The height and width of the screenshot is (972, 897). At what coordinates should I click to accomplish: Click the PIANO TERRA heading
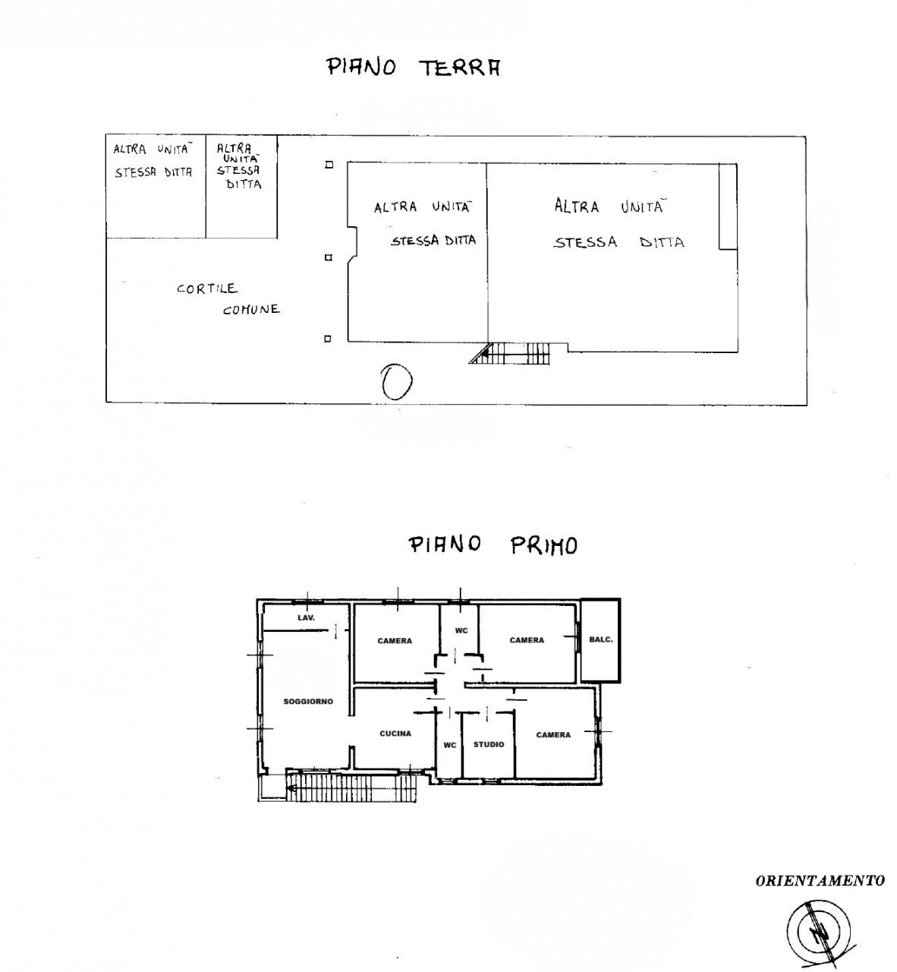click(414, 67)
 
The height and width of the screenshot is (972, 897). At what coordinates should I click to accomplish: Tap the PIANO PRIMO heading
click(493, 545)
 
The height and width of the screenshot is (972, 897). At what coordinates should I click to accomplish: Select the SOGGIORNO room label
click(308, 702)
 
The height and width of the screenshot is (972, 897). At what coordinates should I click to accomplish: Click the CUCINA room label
click(395, 733)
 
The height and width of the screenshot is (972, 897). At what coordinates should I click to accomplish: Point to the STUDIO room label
click(489, 744)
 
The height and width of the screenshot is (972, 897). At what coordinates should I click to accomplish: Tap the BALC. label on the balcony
click(601, 639)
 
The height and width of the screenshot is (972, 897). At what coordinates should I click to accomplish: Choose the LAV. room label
click(306, 617)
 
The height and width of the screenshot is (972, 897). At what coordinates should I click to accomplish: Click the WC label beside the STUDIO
click(450, 745)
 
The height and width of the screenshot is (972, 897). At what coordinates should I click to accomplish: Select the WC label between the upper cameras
click(461, 630)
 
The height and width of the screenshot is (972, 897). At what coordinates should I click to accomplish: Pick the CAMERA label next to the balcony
click(527, 639)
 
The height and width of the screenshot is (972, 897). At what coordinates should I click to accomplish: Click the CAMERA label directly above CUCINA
click(395, 640)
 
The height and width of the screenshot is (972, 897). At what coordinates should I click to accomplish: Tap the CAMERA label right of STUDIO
click(553, 734)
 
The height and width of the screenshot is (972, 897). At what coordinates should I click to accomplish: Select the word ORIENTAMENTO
click(820, 881)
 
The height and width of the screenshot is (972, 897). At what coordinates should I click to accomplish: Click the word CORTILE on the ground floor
click(207, 289)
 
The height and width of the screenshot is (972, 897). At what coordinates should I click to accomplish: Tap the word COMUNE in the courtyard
click(251, 309)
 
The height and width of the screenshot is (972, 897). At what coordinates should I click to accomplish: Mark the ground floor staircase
click(509, 353)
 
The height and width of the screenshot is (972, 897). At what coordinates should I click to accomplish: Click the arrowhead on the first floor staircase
click(291, 788)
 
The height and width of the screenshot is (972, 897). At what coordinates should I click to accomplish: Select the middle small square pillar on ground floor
click(329, 257)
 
